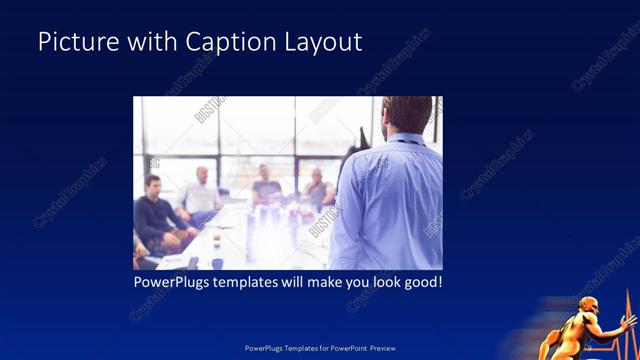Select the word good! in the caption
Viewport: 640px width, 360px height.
pos(420,283)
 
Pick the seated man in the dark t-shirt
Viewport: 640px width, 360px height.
pos(266,185)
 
